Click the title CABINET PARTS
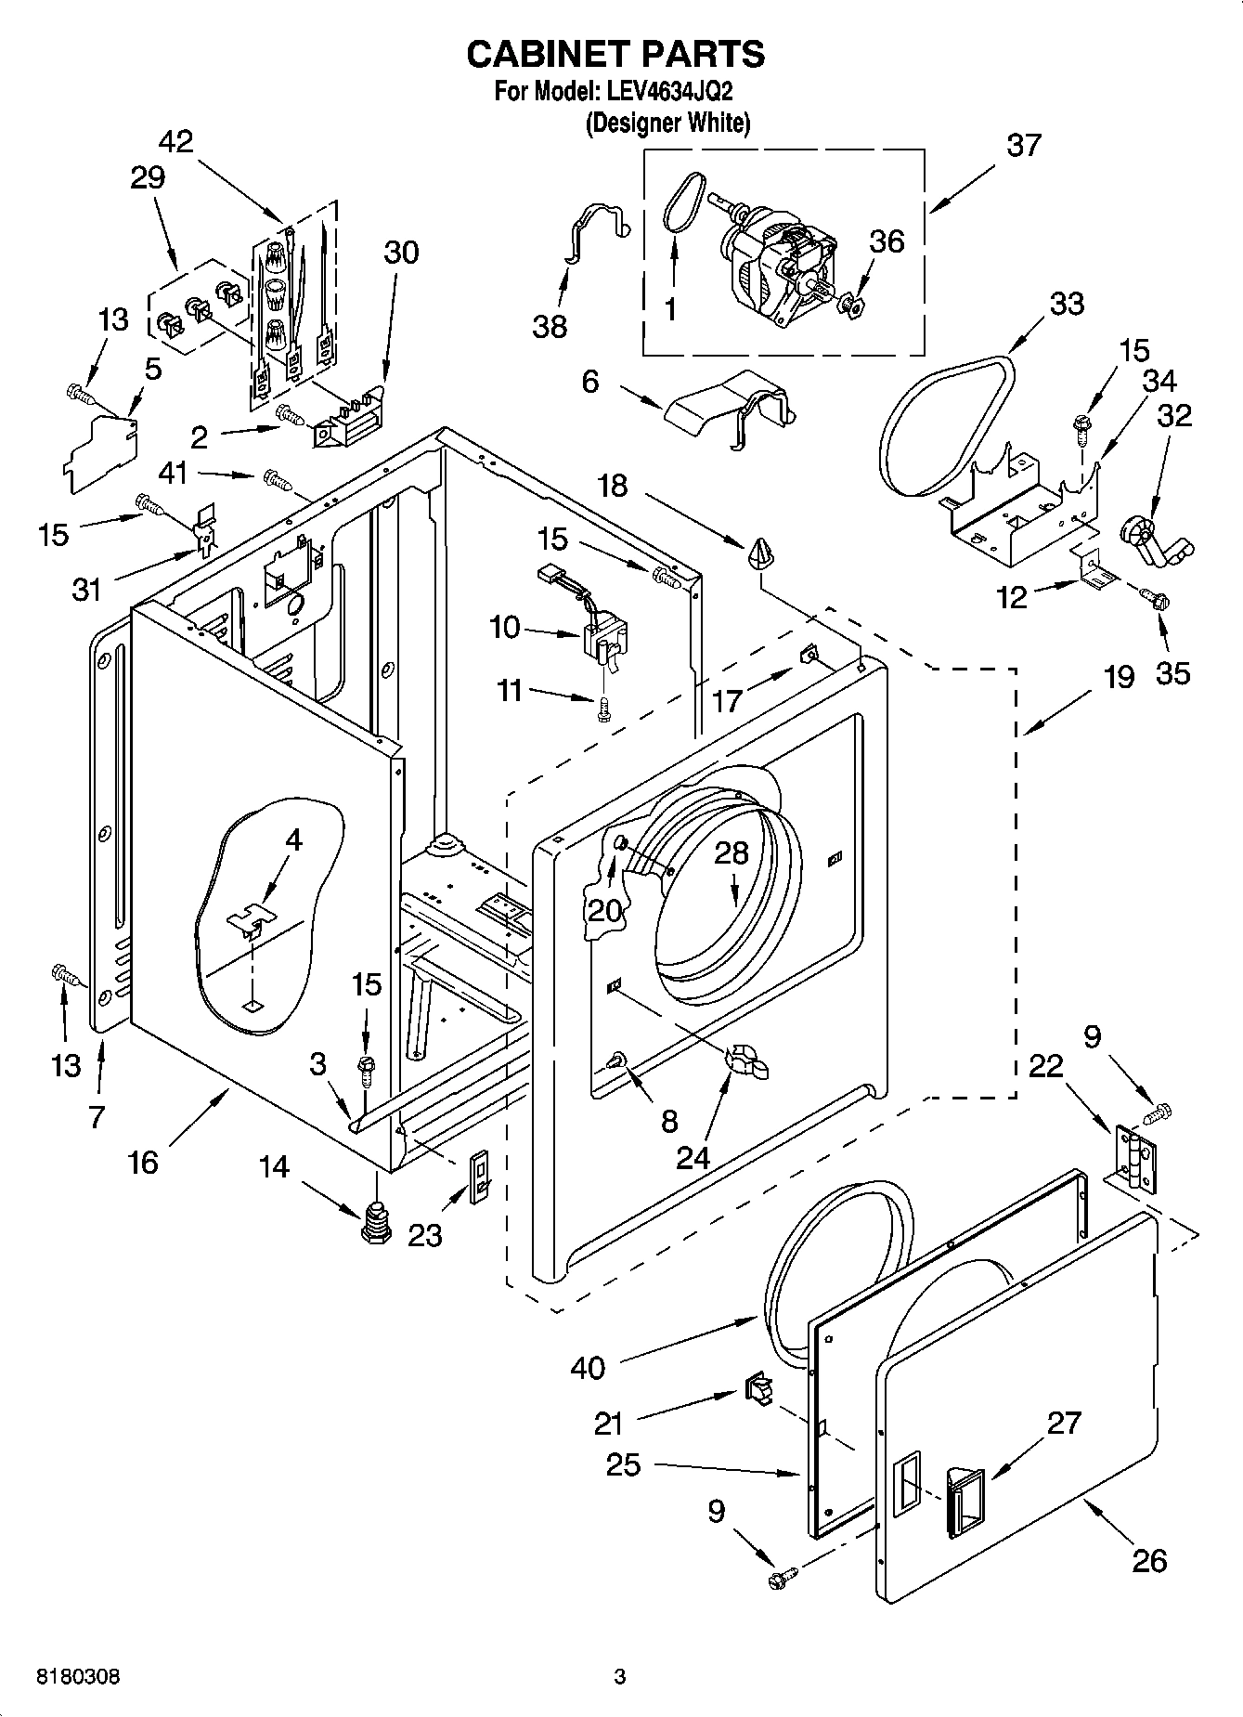point(615,55)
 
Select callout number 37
point(1023,146)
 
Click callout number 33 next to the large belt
point(1066,304)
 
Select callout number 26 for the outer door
point(1148,1560)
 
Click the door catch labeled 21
point(757,1390)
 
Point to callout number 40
point(589,1368)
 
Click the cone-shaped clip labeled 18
point(759,555)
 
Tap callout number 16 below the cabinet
point(143,1162)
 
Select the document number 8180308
point(77,1677)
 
